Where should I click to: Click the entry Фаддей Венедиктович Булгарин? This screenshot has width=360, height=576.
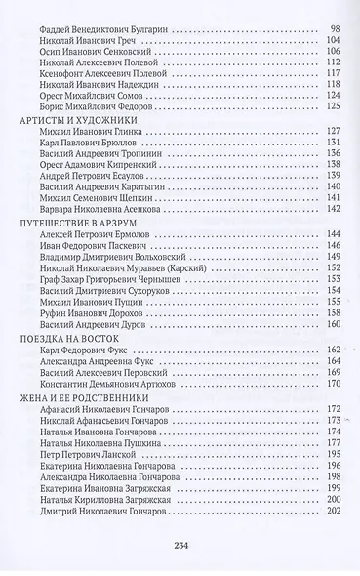click(107, 31)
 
